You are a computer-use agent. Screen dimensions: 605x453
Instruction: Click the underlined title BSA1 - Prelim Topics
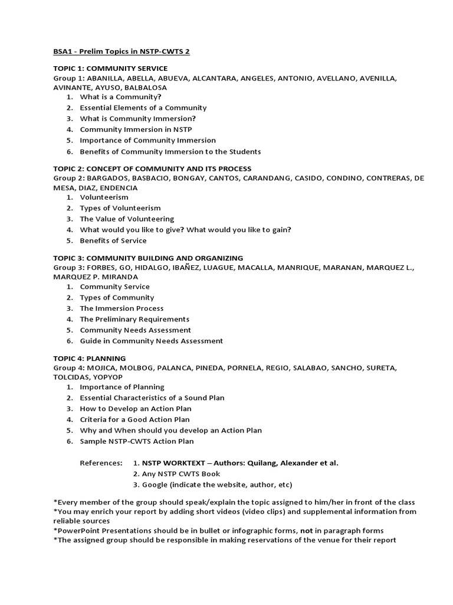[122, 52]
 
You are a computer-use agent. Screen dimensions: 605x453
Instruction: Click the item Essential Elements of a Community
[143, 108]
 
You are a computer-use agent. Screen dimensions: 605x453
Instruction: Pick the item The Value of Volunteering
[127, 219]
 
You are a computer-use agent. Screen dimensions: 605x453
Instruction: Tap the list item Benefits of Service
[113, 240]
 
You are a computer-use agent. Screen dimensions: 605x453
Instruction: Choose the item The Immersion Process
[122, 308]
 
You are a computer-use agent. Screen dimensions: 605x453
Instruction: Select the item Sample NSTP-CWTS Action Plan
[137, 441]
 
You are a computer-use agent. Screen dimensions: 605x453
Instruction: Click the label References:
[101, 463]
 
